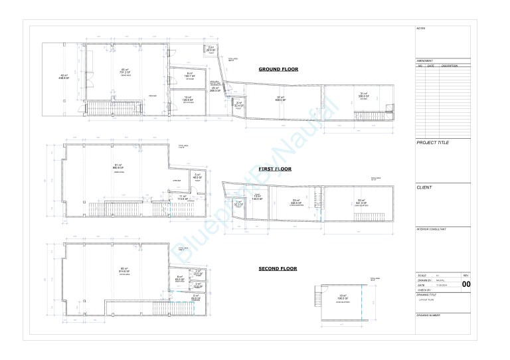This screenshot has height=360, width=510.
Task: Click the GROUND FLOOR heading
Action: click(x=278, y=69)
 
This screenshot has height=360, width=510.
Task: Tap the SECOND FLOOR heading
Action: click(x=278, y=269)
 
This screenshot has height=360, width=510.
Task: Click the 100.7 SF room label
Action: click(x=189, y=76)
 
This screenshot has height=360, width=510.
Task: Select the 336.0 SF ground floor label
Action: click(x=363, y=96)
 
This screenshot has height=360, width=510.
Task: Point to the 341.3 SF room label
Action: click(x=361, y=203)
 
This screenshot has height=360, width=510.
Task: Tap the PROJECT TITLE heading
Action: click(x=432, y=143)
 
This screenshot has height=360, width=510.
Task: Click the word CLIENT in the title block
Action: click(x=425, y=187)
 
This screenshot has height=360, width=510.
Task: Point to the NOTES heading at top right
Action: click(x=420, y=29)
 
